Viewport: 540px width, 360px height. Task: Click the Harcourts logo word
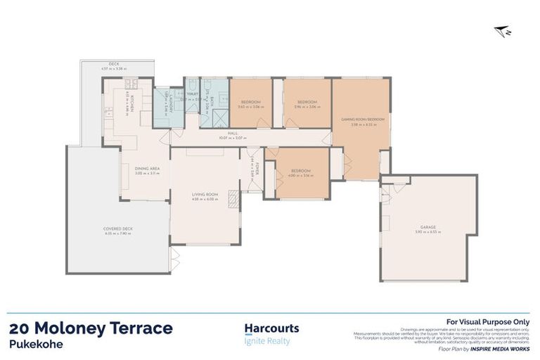coord(271,328)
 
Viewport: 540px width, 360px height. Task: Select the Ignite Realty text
coord(266,342)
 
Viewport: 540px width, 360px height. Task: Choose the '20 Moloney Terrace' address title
coord(91,328)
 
